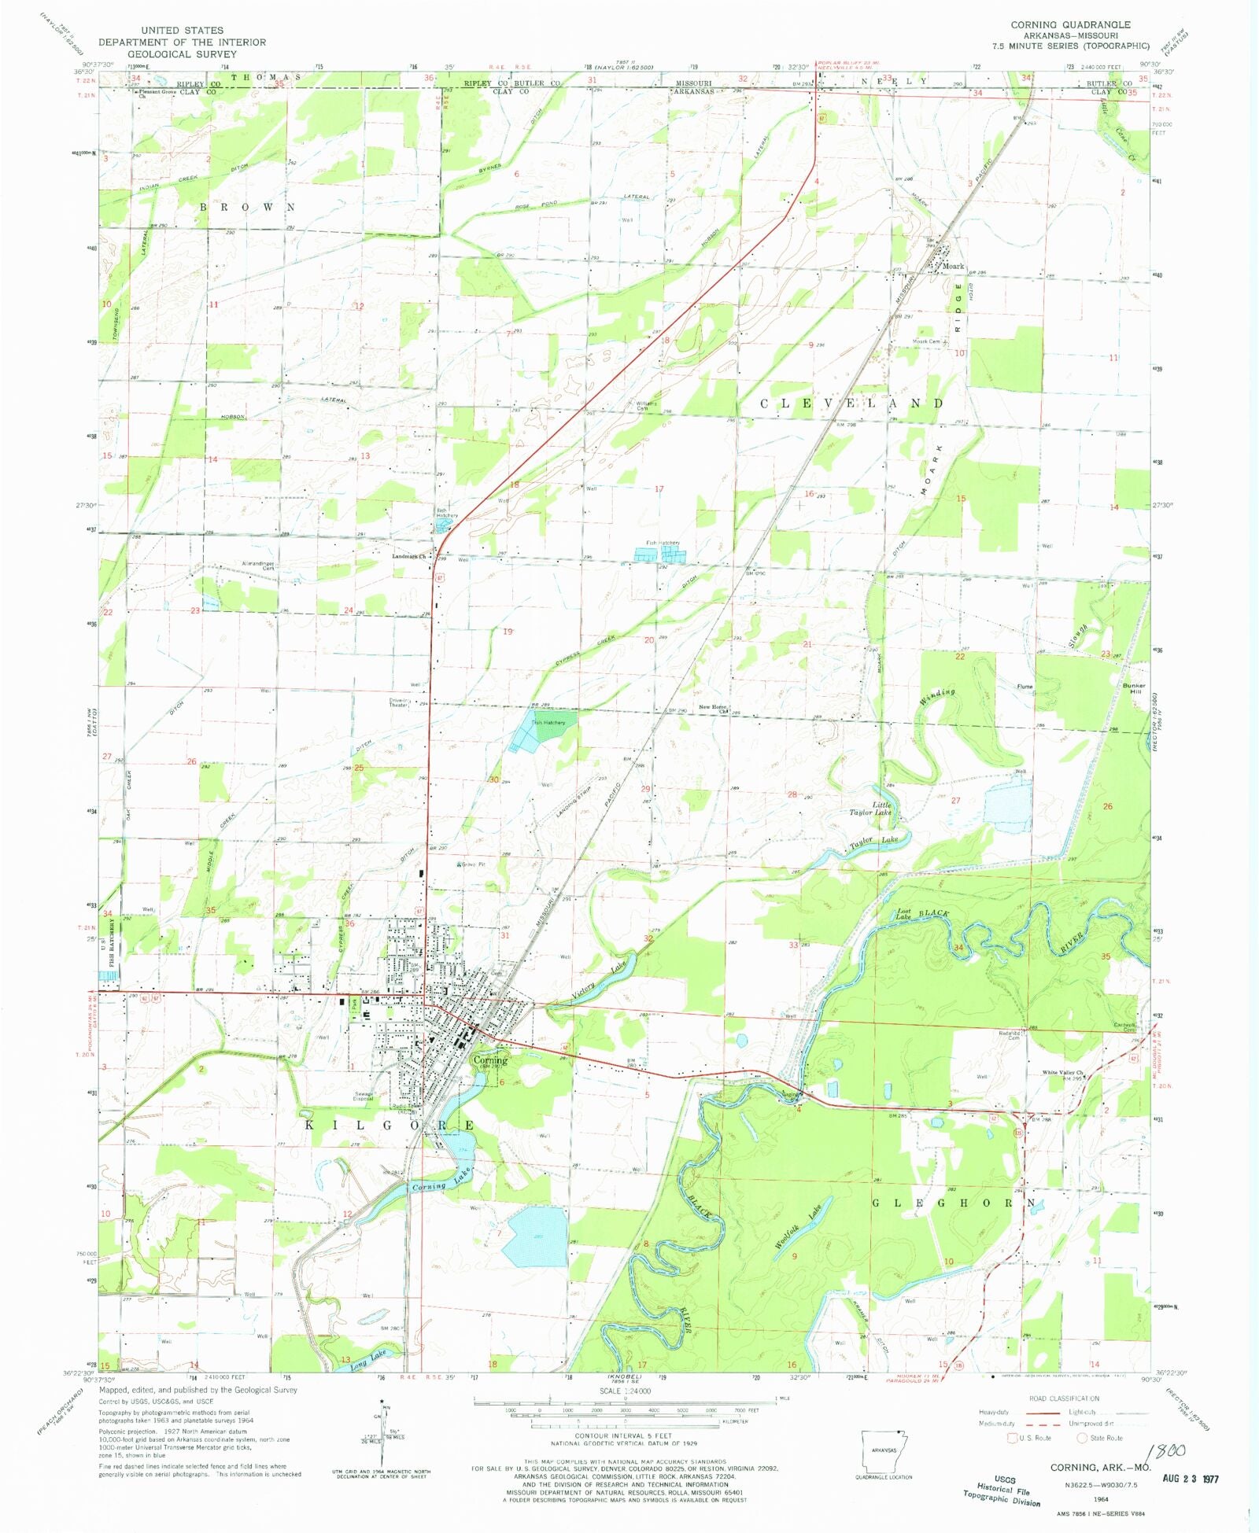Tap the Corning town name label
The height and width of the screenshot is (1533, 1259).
tap(490, 1059)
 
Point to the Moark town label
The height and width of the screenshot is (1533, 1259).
tap(953, 266)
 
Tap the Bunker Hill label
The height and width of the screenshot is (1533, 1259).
tap(1134, 688)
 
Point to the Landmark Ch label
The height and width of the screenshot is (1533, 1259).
tap(409, 556)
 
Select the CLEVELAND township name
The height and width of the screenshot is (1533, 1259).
tap(851, 404)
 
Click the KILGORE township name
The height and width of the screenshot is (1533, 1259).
tap(389, 1126)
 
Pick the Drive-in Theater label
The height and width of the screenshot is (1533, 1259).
tap(399, 702)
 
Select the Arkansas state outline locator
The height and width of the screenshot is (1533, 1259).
tap(883, 1451)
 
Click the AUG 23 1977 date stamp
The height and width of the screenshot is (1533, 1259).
tap(1191, 1478)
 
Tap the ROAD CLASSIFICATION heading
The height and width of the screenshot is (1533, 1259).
tap(1064, 1398)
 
